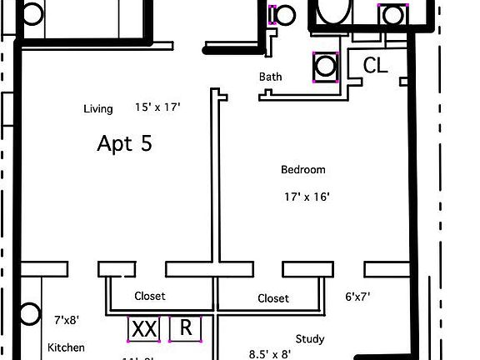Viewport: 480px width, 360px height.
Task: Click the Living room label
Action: pyautogui.click(x=97, y=109)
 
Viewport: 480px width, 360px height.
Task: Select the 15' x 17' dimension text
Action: pyautogui.click(x=157, y=107)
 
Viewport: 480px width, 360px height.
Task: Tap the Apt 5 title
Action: pyautogui.click(x=125, y=143)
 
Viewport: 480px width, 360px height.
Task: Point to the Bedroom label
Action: pyautogui.click(x=302, y=170)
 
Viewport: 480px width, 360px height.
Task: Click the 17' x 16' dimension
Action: pyautogui.click(x=307, y=197)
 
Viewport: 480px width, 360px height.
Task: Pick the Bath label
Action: pyautogui.click(x=270, y=77)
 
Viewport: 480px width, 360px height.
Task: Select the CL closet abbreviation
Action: pyautogui.click(x=376, y=66)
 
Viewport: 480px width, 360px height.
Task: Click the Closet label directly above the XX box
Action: pyautogui.click(x=150, y=296)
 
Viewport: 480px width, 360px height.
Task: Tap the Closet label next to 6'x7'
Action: pyautogui.click(x=273, y=298)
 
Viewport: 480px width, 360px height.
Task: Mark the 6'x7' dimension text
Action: pyautogui.click(x=358, y=296)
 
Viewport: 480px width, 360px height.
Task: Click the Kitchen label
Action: pyautogui.click(x=66, y=347)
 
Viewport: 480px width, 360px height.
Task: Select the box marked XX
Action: pyautogui.click(x=145, y=329)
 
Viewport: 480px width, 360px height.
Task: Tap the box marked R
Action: pyautogui.click(x=186, y=328)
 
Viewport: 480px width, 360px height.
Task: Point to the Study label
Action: pyautogui.click(x=310, y=339)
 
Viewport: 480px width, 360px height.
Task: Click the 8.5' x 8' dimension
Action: pyautogui.click(x=271, y=353)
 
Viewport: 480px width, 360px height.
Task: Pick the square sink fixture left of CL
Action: pyautogui.click(x=324, y=67)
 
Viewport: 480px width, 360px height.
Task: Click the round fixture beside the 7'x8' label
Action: pyautogui.click(x=30, y=314)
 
